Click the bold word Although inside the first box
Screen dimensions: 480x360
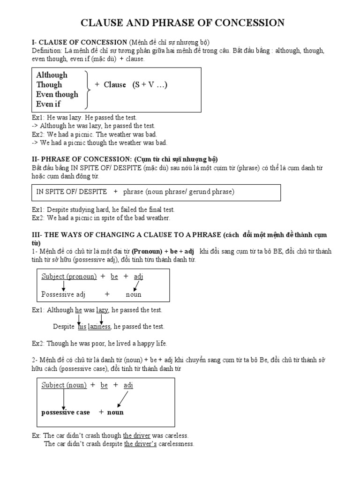click(52, 75)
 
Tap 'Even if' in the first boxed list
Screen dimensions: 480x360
click(48, 104)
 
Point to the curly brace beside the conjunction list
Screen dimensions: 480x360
click(87, 89)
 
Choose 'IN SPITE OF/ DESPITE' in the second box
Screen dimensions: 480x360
click(72, 192)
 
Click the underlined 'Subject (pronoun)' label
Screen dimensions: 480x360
click(69, 277)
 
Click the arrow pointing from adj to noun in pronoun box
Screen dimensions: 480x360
click(136, 285)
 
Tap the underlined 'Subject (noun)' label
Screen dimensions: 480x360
click(64, 385)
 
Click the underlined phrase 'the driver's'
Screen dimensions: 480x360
click(141, 444)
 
